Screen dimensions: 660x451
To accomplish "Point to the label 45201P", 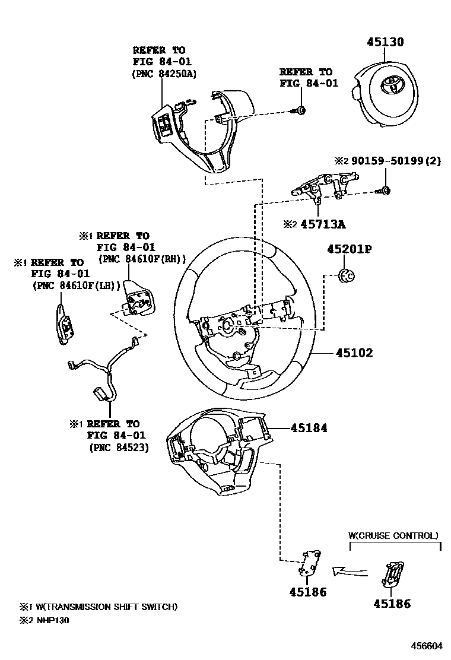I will click(349, 249).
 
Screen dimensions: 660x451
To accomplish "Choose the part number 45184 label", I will click(309, 427).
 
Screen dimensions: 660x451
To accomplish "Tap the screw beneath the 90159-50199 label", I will click(384, 191).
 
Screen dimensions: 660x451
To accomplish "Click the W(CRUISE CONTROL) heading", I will click(393, 535).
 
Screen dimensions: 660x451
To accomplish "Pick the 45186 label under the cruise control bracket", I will click(392, 604).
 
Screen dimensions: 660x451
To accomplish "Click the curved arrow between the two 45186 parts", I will click(347, 570).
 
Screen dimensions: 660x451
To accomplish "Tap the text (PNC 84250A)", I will click(164, 74).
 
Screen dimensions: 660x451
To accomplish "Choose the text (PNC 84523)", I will click(119, 448).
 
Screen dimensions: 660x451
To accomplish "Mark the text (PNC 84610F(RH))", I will click(142, 259).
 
